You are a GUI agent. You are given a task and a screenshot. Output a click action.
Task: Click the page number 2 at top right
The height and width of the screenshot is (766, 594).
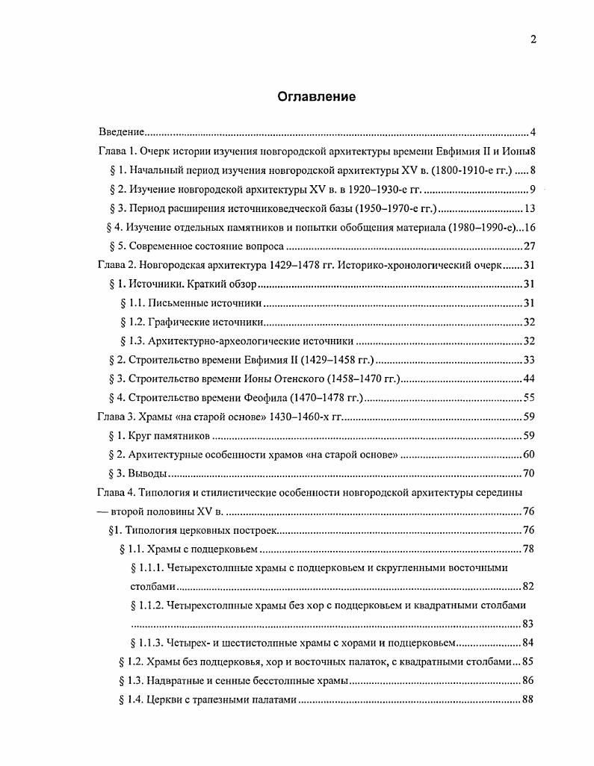pyautogui.click(x=533, y=40)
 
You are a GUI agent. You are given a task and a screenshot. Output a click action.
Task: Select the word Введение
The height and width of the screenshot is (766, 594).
pyautogui.click(x=122, y=132)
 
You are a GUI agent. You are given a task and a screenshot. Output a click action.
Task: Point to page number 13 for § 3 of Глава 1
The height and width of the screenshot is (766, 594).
pyautogui.click(x=530, y=208)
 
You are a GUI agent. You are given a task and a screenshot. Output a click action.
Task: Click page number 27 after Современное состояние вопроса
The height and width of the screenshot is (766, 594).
pyautogui.click(x=530, y=246)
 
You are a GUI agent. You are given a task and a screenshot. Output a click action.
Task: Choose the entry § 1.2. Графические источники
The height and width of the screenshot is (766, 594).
pyautogui.click(x=192, y=322)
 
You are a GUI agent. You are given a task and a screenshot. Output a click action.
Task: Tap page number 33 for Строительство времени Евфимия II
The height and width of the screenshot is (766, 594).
pyautogui.click(x=530, y=360)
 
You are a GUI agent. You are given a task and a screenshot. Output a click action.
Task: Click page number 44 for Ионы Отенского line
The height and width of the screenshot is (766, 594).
pyautogui.click(x=530, y=379)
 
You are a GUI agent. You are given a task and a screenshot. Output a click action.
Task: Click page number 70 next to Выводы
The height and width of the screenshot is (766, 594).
pyautogui.click(x=530, y=473)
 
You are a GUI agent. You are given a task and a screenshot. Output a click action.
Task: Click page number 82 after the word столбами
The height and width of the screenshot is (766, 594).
pyautogui.click(x=529, y=586)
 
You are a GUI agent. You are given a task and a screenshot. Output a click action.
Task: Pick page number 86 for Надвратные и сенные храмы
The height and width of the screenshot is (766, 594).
pyautogui.click(x=529, y=680)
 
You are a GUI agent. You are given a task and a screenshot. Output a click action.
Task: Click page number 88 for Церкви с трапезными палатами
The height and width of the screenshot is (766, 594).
pyautogui.click(x=529, y=700)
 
